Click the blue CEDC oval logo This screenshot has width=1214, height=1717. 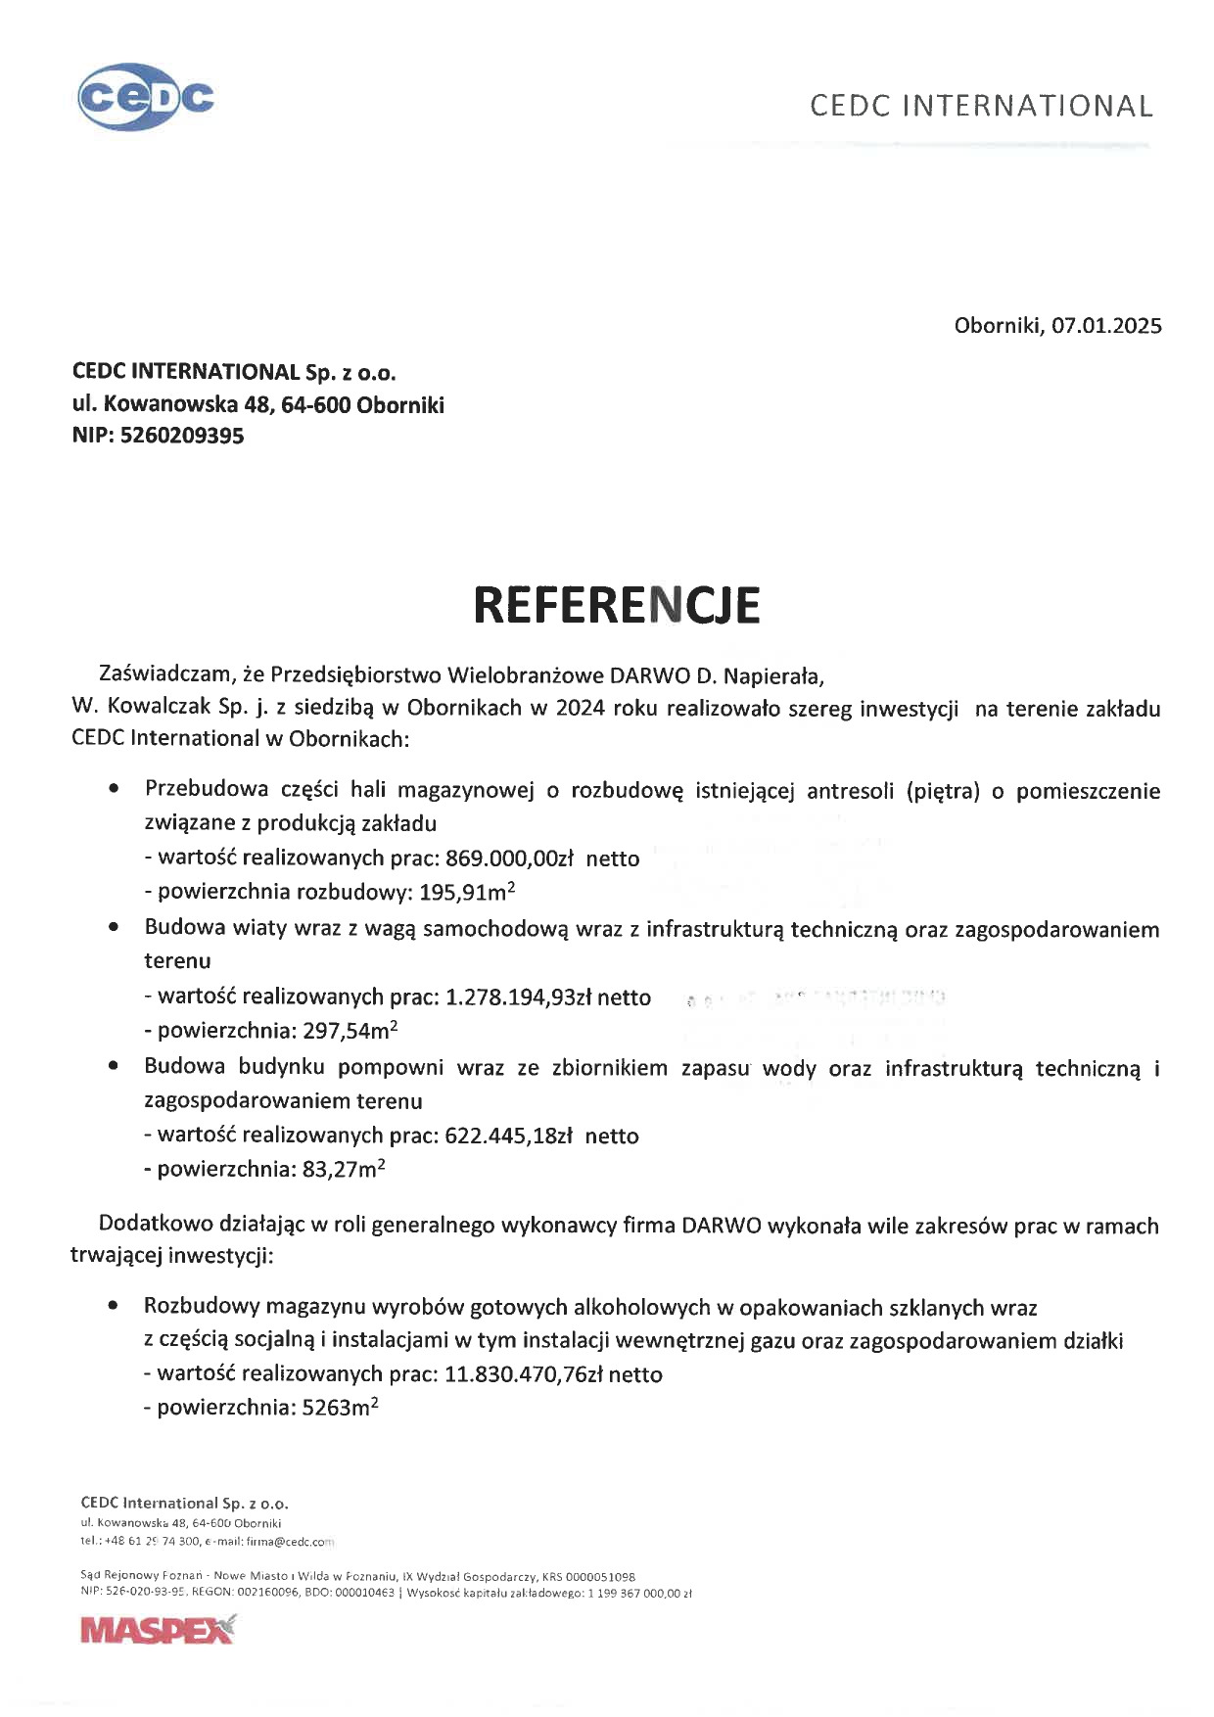coord(145,97)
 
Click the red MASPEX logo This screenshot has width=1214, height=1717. coord(158,1630)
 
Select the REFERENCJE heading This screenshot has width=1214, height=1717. coord(617,605)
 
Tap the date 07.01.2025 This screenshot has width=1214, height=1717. coord(1106,326)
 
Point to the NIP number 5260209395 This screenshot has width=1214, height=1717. coord(182,437)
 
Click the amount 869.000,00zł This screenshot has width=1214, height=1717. coord(509,858)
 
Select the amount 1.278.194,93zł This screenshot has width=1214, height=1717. coord(518,998)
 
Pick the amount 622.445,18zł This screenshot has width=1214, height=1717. coord(508,1137)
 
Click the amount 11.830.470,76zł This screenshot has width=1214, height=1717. coord(524,1374)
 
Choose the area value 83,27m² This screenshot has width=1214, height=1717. coord(344,1169)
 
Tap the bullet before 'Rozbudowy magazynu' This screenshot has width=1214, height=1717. coord(116,1306)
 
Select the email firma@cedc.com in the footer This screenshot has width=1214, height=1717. coord(291,1542)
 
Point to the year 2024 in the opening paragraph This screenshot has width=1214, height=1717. coord(581,709)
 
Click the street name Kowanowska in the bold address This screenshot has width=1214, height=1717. coord(170,404)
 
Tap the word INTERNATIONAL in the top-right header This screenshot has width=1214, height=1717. coord(1027,106)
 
